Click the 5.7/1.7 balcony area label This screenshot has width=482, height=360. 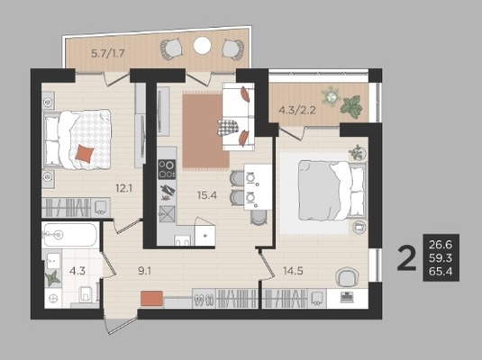(107, 54)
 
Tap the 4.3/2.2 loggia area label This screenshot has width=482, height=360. (297, 110)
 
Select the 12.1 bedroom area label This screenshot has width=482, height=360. (124, 188)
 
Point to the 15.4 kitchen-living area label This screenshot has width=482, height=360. (207, 195)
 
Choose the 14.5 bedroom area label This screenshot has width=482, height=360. (293, 271)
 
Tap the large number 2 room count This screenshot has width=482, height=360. (406, 258)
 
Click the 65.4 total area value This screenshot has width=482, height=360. (441, 271)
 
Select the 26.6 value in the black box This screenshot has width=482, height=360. (441, 245)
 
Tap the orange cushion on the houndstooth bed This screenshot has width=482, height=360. (85, 154)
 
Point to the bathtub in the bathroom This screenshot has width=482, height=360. (70, 235)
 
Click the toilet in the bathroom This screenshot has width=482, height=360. (86, 294)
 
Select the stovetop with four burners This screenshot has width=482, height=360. (167, 169)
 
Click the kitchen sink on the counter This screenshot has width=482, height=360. (168, 213)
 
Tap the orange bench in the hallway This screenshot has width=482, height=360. (152, 298)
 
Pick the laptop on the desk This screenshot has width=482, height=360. (347, 298)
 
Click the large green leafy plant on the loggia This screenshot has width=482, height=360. (351, 106)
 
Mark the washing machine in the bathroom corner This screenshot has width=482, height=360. (53, 298)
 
